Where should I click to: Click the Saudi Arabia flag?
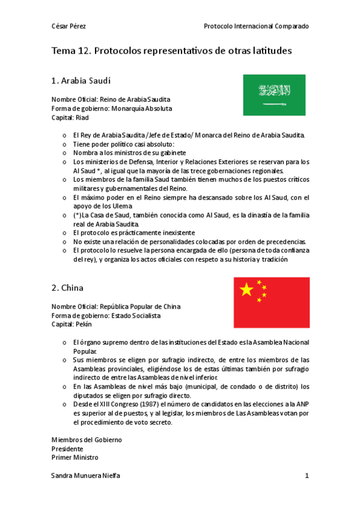point(274,95)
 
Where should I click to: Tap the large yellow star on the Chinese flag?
point(246,290)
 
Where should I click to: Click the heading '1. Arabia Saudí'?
point(81,80)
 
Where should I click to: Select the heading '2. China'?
point(67,287)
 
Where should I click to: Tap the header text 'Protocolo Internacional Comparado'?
point(257,26)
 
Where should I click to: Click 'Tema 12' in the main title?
point(71,51)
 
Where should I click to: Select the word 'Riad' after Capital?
point(82,118)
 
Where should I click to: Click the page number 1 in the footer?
point(307,476)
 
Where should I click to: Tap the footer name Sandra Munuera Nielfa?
point(85,476)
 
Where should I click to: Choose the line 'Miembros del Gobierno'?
point(87,440)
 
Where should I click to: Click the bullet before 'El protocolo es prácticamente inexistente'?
point(64,233)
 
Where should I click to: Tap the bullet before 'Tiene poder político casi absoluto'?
point(64,144)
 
